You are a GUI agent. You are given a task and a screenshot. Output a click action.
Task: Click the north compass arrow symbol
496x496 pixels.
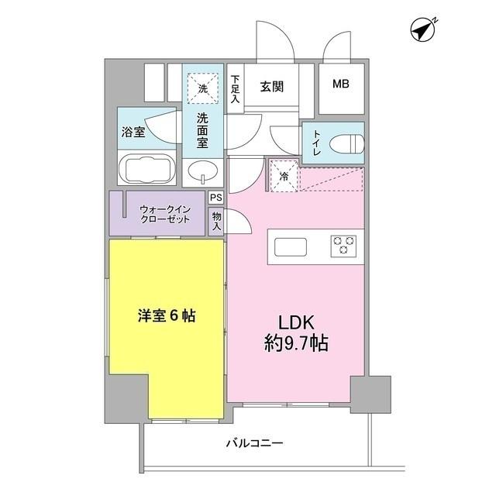(x=422, y=29)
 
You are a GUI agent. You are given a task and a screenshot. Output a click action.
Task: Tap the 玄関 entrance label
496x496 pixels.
(x=271, y=86)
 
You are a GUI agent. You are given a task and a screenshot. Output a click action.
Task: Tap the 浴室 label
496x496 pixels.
(x=133, y=132)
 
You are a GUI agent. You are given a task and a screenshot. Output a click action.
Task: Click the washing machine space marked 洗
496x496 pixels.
(x=201, y=88)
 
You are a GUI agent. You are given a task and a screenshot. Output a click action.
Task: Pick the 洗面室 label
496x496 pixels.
(x=201, y=129)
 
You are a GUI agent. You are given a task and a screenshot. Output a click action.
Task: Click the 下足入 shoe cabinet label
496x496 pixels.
(x=236, y=90)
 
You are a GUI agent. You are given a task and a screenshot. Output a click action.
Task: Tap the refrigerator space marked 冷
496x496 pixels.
(x=284, y=175)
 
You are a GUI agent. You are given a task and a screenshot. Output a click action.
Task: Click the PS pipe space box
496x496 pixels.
(x=216, y=198)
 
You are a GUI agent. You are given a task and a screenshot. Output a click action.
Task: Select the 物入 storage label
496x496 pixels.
(x=217, y=221)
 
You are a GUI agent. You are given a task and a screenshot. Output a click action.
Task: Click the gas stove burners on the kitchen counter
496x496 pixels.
(x=342, y=246)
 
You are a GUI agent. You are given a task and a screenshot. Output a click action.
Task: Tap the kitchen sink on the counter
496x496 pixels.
(x=291, y=246)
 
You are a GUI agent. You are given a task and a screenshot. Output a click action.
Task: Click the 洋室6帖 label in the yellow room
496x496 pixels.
(x=167, y=316)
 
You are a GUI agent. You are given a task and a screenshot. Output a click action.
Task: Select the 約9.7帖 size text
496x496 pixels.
(x=293, y=343)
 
